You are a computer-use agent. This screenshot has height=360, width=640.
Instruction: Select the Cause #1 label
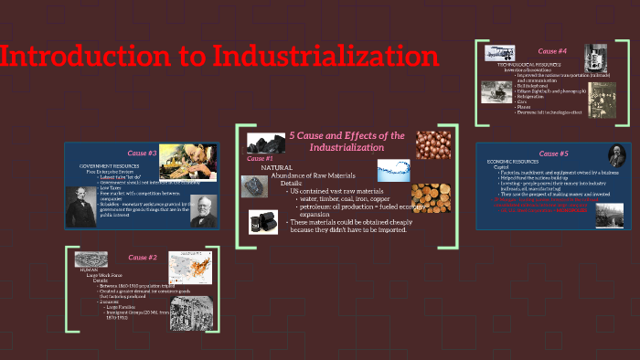click(261, 158)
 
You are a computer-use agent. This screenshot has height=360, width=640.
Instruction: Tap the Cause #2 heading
click(143, 258)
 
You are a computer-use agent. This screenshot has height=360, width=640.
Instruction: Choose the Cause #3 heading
click(143, 153)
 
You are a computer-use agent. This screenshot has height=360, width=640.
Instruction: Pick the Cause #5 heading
click(554, 153)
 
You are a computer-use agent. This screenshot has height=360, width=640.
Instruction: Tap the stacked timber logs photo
click(430, 198)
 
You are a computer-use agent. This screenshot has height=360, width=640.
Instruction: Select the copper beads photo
click(432, 144)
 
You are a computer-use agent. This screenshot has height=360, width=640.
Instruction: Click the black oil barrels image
click(263, 221)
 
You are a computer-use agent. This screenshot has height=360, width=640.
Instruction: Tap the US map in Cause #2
click(191, 268)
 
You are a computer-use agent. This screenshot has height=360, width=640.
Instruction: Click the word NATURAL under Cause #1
click(276, 167)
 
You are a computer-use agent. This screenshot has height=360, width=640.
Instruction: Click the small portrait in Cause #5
click(615, 155)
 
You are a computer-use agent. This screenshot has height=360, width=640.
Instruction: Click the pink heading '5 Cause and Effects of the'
click(347, 135)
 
